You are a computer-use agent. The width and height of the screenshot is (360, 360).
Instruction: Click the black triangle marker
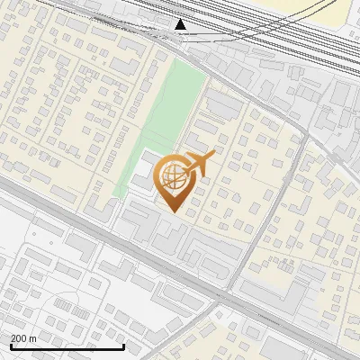pyautogui.click(x=181, y=24)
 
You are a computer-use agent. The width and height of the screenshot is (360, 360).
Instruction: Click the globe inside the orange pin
pyautogui.click(x=173, y=177)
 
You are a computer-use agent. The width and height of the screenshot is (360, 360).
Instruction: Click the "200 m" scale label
pyautogui.click(x=23, y=338)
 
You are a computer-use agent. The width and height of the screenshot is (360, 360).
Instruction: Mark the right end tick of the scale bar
pyautogui.click(x=123, y=346)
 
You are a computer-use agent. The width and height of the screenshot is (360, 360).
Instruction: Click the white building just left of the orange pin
pyautogui.click(x=144, y=175)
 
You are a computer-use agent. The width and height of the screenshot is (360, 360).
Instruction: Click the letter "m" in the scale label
pyautogui.click(x=33, y=338)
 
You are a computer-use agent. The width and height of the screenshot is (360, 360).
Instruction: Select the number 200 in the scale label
pyautogui.click(x=18, y=338)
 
